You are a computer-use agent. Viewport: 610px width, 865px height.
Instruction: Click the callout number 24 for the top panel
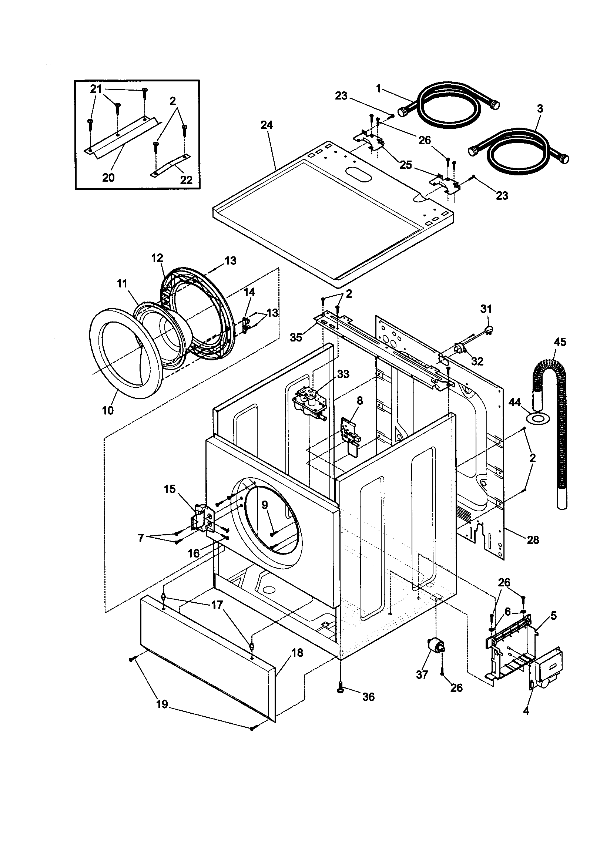[x=267, y=125]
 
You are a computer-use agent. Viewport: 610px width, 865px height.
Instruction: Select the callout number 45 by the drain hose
[x=560, y=342]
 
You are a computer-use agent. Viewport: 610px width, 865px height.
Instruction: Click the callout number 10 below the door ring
[x=108, y=410]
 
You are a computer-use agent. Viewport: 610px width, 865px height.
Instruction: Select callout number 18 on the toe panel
[x=298, y=653]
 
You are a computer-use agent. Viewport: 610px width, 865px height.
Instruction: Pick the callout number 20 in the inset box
[x=108, y=177]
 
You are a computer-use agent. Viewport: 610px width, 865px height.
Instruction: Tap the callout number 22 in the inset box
[x=186, y=180]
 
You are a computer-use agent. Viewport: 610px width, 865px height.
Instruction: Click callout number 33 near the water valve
[x=343, y=374]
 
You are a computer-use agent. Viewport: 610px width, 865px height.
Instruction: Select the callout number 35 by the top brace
[x=296, y=337]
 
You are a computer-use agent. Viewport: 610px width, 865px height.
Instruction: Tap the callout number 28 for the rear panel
[x=533, y=540]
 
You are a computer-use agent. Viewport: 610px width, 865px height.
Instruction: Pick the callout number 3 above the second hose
[x=540, y=109]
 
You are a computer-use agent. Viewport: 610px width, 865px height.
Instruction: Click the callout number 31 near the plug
[x=486, y=309]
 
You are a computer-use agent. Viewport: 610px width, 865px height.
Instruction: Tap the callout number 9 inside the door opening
[x=265, y=505]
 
